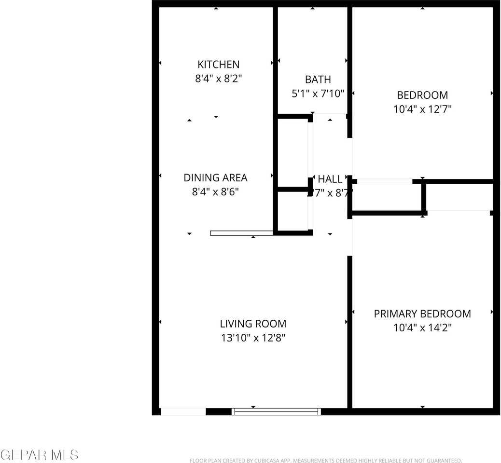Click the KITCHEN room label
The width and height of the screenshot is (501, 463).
(218, 65)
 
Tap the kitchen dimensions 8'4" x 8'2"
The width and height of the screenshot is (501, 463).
(218, 79)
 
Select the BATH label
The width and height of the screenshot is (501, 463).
(318, 80)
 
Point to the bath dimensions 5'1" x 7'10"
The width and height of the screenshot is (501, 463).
(318, 94)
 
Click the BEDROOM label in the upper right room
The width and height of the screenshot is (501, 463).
(422, 95)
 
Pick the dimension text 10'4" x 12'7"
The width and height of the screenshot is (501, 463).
(422, 109)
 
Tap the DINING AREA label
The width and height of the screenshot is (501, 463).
(215, 177)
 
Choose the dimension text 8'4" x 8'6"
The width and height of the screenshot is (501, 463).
(215, 191)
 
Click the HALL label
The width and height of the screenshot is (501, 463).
(330, 179)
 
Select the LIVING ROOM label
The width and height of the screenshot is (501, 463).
(253, 324)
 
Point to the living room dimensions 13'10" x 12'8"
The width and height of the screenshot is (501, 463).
(253, 338)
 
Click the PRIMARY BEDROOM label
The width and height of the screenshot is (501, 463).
(422, 314)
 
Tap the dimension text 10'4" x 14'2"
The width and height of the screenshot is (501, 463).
(422, 328)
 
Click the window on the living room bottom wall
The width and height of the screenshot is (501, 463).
(276, 411)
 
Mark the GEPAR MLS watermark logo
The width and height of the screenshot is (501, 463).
(40, 454)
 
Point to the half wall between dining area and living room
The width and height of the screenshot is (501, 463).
(242, 233)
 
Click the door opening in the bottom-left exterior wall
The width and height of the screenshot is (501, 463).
(183, 412)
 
